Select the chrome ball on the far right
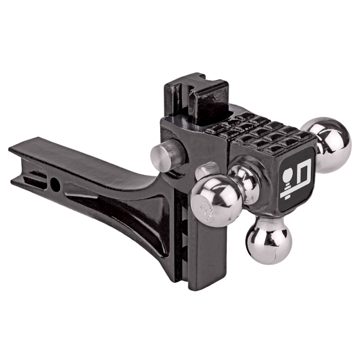pos(327,144)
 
